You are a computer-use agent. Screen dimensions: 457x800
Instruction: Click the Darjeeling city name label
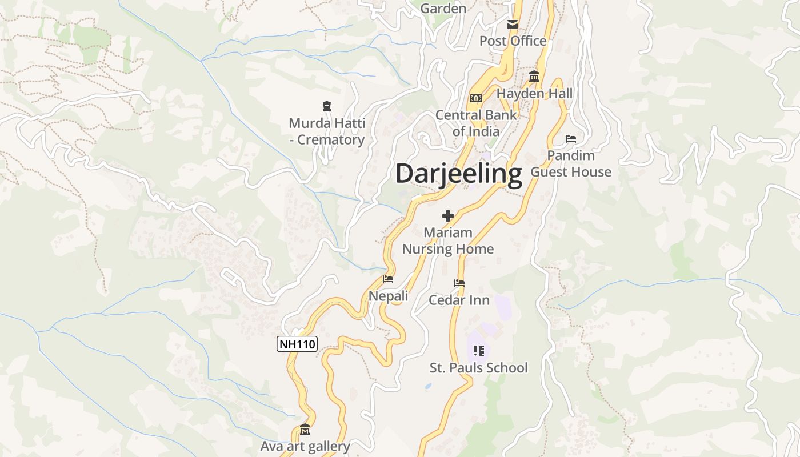click(459, 173)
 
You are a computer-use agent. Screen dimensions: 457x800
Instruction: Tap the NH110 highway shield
click(297, 344)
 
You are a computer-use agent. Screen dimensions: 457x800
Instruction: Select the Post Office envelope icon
click(513, 24)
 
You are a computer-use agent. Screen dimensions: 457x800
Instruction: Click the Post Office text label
click(513, 41)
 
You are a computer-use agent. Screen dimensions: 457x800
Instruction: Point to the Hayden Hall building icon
click(534, 76)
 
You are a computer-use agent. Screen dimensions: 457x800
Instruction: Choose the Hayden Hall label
click(534, 93)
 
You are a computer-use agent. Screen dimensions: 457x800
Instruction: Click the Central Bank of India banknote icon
click(476, 98)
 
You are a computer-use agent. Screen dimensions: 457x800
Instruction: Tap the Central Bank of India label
click(476, 123)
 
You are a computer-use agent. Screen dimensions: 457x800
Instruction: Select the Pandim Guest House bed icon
click(570, 138)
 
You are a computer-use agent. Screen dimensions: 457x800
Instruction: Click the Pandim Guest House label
click(571, 163)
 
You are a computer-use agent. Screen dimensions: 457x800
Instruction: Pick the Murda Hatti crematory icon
click(327, 106)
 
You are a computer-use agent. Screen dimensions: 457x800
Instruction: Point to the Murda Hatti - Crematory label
click(327, 131)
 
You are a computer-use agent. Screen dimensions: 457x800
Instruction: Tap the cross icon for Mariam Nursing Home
click(448, 215)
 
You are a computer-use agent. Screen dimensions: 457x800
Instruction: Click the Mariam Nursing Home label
click(448, 240)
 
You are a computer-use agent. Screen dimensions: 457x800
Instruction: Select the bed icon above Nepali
click(388, 279)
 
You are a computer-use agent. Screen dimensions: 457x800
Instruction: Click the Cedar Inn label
click(459, 300)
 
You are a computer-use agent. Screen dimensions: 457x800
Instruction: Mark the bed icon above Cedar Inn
click(459, 283)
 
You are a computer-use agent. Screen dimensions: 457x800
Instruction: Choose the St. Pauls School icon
click(479, 350)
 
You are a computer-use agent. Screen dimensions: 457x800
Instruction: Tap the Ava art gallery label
click(305, 446)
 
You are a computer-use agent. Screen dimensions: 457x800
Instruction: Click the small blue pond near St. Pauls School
click(428, 386)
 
